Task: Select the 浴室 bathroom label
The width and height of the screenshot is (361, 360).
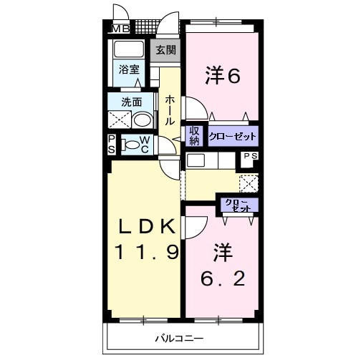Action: [129, 70]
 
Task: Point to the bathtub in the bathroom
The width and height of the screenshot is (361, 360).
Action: [130, 50]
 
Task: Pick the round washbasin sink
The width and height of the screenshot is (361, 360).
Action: [142, 120]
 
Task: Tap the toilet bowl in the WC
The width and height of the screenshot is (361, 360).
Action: [132, 145]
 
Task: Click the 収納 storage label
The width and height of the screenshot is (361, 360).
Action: [194, 135]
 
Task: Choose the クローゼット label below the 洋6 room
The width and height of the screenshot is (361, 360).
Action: [232, 135]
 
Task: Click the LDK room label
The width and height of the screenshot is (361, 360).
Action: [146, 226]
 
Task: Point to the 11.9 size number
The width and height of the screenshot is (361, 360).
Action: [146, 252]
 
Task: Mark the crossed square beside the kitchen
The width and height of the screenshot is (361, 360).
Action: [249, 182]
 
